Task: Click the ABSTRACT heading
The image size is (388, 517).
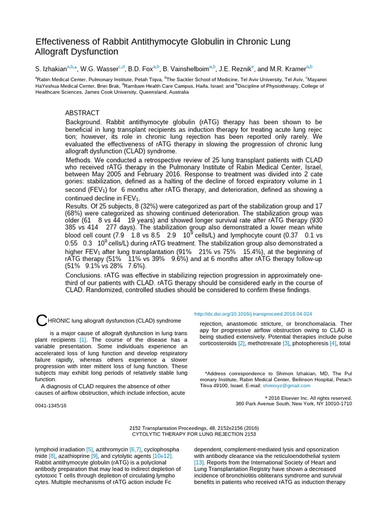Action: coord(82,113)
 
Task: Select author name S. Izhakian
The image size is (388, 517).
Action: coord(51,68)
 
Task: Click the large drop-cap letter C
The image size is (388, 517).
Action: coord(40,321)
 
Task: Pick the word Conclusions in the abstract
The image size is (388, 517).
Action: coord(84,275)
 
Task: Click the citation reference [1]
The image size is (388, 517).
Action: coord(83,340)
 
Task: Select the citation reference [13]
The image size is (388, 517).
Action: coord(199,462)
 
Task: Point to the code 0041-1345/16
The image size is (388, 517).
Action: coord(51,405)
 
